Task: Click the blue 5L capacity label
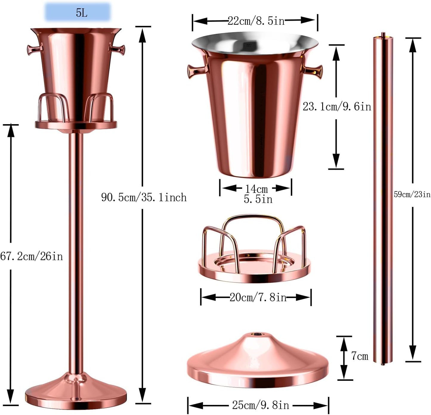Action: (78, 13)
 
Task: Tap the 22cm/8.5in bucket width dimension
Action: (256, 21)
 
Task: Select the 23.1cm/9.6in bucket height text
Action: (337, 107)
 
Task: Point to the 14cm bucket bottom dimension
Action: (257, 189)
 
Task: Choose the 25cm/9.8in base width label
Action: (260, 405)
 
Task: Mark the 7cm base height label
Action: (359, 356)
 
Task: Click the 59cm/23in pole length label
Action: (412, 195)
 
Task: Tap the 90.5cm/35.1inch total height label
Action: (144, 197)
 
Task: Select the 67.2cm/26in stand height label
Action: (32, 256)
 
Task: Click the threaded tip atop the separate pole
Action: (383, 35)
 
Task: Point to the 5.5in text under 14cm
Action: (258, 199)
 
